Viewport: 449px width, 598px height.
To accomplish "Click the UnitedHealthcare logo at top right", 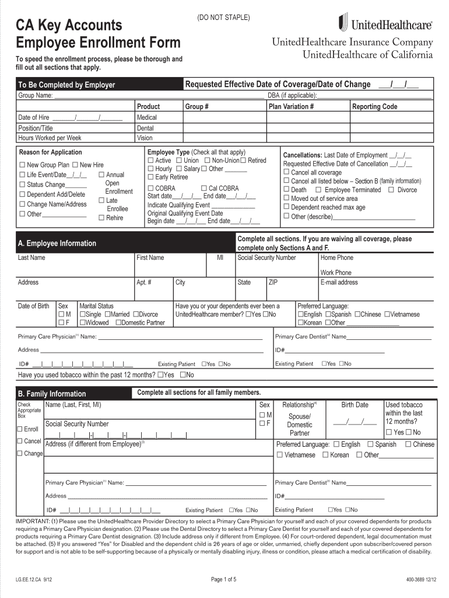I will (x=385, y=24).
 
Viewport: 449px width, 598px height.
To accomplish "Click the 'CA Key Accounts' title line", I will (x=69, y=25).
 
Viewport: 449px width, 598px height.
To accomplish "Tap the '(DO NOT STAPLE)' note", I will (x=223, y=18).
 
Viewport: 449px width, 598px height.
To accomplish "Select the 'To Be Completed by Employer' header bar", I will (x=66, y=85).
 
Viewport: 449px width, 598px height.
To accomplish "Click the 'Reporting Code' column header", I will (x=374, y=107).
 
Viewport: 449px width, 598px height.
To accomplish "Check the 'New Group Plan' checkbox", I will (x=23, y=165).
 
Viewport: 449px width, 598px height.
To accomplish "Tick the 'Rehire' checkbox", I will (x=101, y=218).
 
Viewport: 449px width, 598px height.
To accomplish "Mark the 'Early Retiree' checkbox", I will (x=150, y=177).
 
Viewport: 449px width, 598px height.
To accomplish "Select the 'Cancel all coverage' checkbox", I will (x=286, y=173).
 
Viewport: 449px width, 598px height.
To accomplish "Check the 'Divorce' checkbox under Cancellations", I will (x=391, y=190).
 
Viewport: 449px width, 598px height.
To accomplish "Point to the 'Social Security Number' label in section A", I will (x=266, y=258).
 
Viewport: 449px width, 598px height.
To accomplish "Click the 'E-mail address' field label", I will (x=339, y=283).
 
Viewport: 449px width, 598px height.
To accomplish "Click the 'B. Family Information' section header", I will (x=52, y=394).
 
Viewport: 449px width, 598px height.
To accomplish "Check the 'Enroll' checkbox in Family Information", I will (x=20, y=429).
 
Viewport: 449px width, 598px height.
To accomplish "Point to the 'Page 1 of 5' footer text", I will (x=223, y=579).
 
